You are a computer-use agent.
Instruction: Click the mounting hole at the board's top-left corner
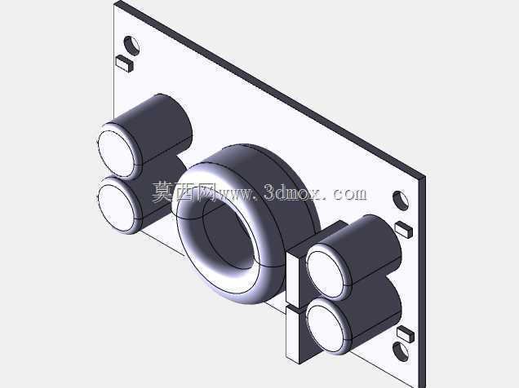tap(131, 46)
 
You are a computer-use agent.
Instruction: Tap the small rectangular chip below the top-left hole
tap(125, 64)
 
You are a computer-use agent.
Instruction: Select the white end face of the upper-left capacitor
tap(116, 154)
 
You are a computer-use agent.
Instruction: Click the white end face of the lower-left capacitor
tap(116, 208)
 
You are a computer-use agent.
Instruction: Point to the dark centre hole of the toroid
tap(228, 234)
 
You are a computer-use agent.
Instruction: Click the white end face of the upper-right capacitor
tap(326, 275)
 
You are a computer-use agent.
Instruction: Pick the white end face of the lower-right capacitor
tap(326, 328)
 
